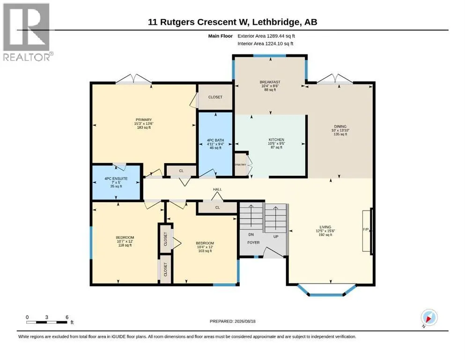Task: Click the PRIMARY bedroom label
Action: pyautogui.click(x=144, y=120)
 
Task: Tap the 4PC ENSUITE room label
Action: pyautogui.click(x=116, y=179)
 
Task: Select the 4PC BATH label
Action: pyautogui.click(x=215, y=140)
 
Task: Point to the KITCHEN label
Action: pyautogui.click(x=276, y=140)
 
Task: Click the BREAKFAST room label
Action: pyautogui.click(x=270, y=82)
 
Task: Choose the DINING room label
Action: pyautogui.click(x=340, y=127)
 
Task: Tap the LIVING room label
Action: pyautogui.click(x=325, y=227)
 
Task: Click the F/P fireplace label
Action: pyautogui.click(x=366, y=229)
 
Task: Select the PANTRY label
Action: pyautogui.click(x=241, y=165)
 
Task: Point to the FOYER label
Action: pyautogui.click(x=253, y=242)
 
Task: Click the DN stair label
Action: pyautogui.click(x=251, y=234)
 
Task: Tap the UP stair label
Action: pyautogui.click(x=276, y=237)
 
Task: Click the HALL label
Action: pyautogui.click(x=217, y=189)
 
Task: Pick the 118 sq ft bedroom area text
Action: pyautogui.click(x=125, y=245)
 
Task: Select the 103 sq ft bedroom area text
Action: pyautogui.click(x=205, y=251)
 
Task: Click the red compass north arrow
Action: pyautogui.click(x=428, y=319)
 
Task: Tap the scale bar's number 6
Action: pyautogui.click(x=67, y=317)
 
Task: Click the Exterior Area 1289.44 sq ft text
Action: pyautogui.click(x=266, y=36)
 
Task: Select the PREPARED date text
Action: pyautogui.click(x=232, y=321)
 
